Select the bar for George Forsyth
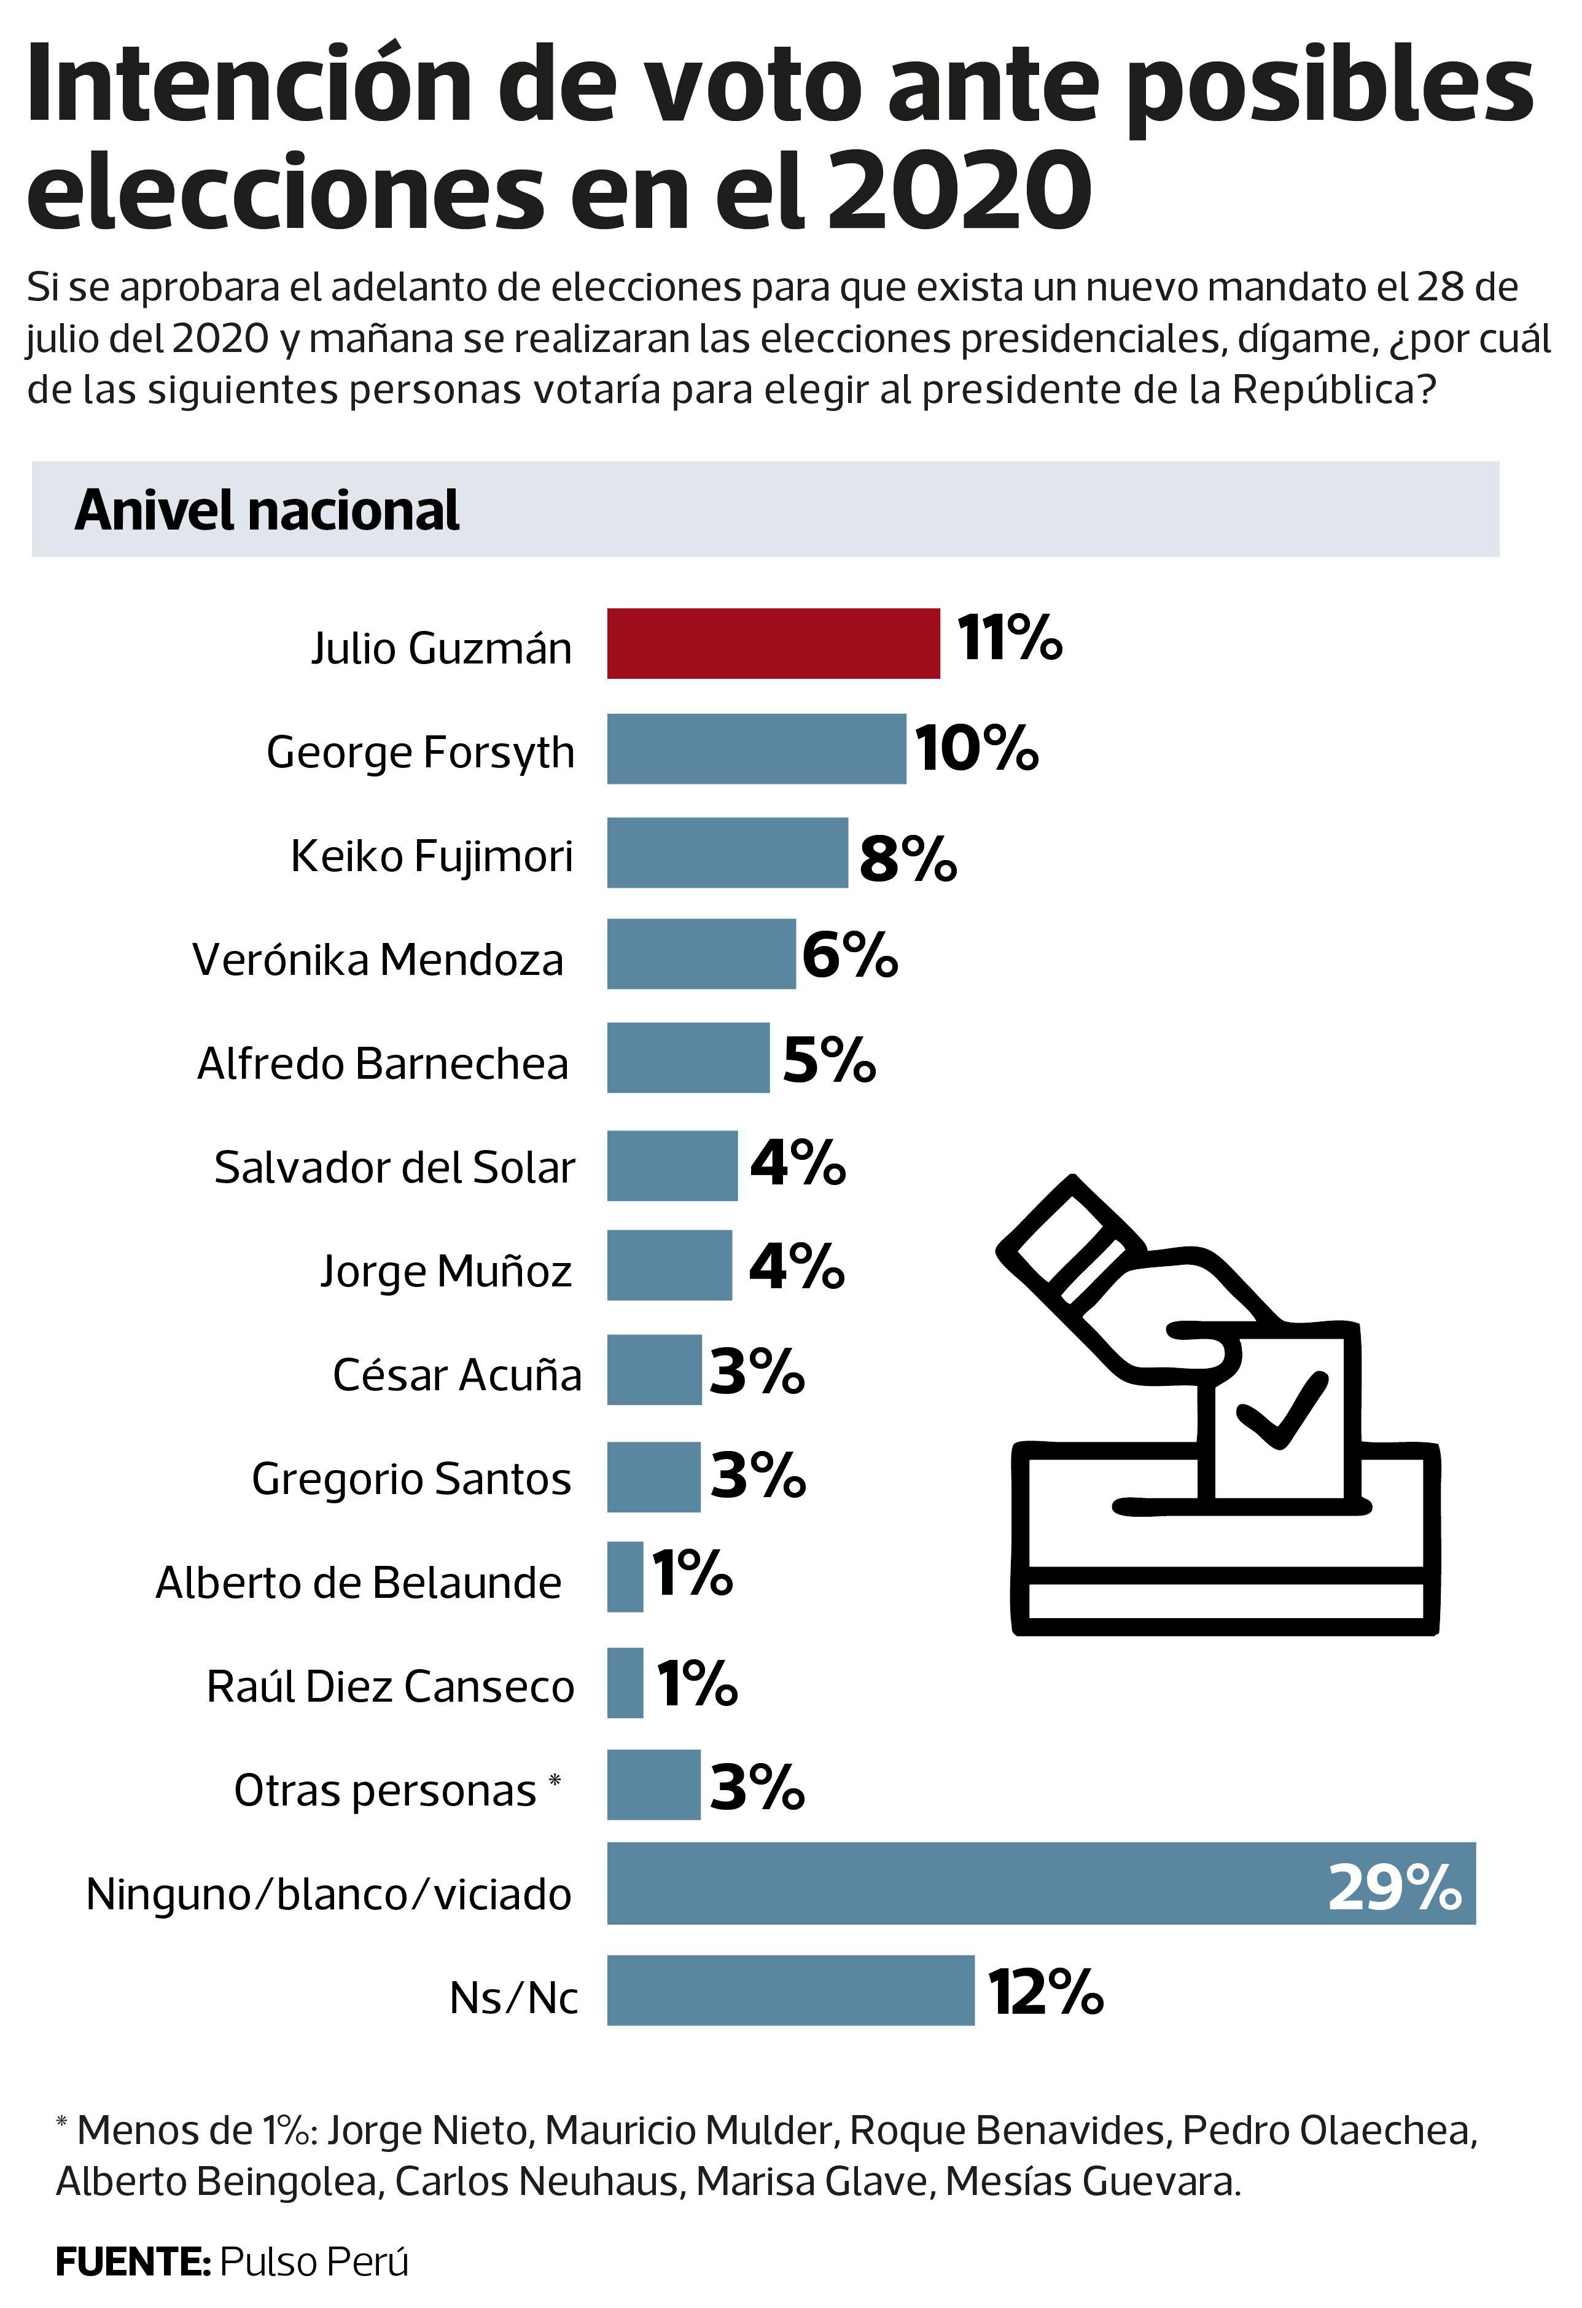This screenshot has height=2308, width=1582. click(x=756, y=749)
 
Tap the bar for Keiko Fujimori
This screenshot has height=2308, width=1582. click(x=727, y=852)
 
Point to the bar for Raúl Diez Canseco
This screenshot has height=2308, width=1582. click(x=625, y=1683)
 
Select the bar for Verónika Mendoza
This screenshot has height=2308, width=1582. click(x=701, y=953)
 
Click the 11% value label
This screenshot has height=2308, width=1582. click(x=1009, y=638)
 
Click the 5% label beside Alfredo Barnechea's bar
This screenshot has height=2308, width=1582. click(x=829, y=1061)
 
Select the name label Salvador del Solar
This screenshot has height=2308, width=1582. click(x=394, y=1167)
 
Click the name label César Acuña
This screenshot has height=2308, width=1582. click(x=457, y=1374)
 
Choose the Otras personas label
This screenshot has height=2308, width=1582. click(x=385, y=1791)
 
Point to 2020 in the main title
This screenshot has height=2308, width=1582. click(x=959, y=189)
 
